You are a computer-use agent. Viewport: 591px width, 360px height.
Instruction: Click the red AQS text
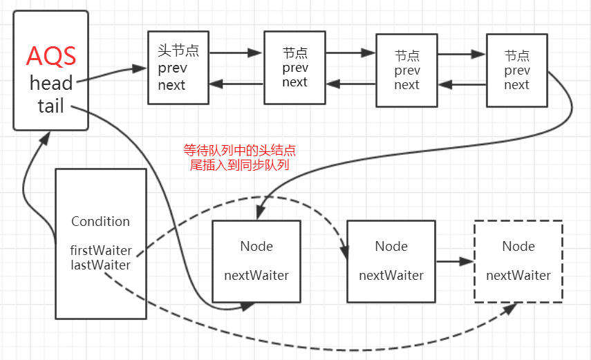pos(50,56)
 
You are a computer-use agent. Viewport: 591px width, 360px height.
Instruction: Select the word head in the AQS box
pos(51,84)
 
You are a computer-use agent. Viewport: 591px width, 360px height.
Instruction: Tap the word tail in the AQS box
pos(50,106)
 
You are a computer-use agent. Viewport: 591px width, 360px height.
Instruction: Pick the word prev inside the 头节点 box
pos(172,68)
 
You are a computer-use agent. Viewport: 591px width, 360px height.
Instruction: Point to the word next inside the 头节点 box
pos(171,85)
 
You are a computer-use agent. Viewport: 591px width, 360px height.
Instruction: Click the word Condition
pos(100,222)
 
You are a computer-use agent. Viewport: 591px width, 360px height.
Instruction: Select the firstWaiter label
pos(100,250)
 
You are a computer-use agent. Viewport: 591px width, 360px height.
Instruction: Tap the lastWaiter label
pos(100,265)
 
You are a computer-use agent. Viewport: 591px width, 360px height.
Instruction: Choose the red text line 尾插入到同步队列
pos(239,165)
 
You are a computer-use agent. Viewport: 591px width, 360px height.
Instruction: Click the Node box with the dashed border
pos(518,261)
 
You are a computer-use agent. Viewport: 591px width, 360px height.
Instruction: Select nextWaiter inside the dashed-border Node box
pos(518,276)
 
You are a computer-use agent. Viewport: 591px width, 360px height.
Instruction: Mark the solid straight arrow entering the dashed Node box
pos(457,262)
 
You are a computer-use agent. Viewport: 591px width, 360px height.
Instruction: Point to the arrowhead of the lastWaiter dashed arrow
pos(511,308)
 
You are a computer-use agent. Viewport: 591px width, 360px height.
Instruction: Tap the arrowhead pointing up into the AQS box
pos(46,137)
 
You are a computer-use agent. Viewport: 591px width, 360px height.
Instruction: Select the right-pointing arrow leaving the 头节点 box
pos(236,52)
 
